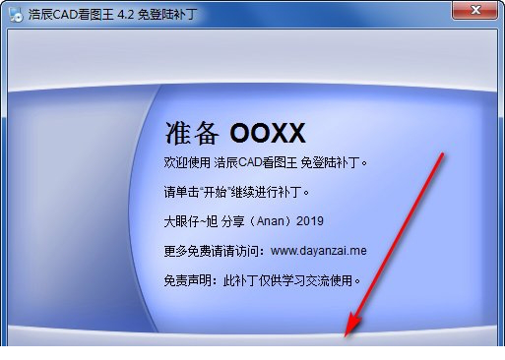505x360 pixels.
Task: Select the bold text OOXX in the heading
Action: (268, 132)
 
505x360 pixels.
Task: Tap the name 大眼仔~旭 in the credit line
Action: (188, 220)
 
